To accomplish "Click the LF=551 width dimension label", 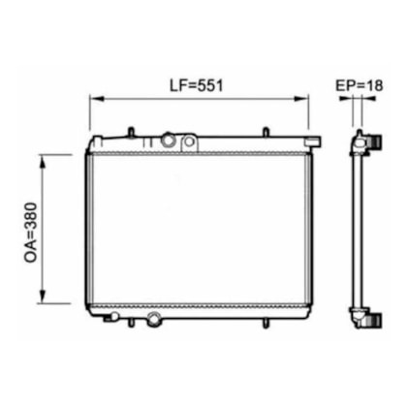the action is tap(197, 85).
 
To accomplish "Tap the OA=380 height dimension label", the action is tap(31, 232).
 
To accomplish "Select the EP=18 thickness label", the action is tap(360, 85).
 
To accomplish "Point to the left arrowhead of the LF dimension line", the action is tap(97, 99).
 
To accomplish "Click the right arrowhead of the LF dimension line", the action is tap(301, 99).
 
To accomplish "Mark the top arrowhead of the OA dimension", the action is tap(43, 162).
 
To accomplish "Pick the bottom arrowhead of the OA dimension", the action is tap(43, 297).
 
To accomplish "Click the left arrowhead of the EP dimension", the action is tap(345, 99).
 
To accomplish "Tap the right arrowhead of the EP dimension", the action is tap(368, 99).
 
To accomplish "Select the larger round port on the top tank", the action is tap(169, 140).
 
